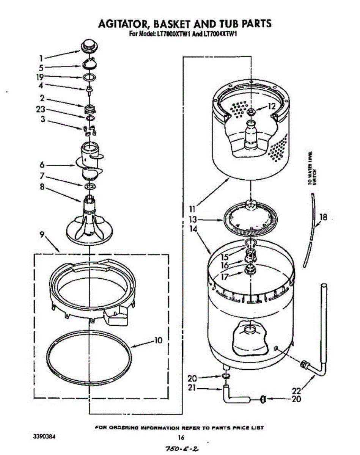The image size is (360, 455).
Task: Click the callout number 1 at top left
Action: coord(41,58)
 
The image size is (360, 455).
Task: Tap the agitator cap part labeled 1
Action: coord(89,46)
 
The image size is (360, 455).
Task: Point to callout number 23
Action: coord(41,110)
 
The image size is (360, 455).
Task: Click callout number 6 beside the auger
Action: coord(42,165)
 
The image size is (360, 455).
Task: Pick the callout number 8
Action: coord(42,186)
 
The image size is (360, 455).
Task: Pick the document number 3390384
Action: coord(45,437)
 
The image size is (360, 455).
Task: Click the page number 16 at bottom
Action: coord(181,438)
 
